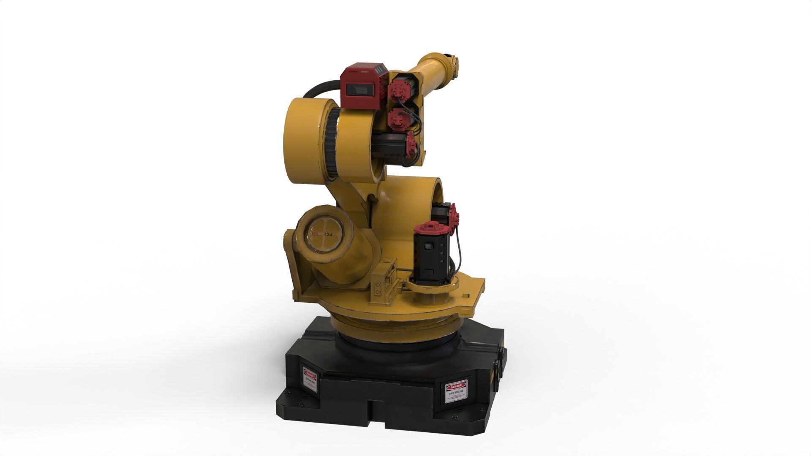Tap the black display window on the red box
[357, 90]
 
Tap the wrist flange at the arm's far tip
[454, 64]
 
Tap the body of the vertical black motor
[430, 258]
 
